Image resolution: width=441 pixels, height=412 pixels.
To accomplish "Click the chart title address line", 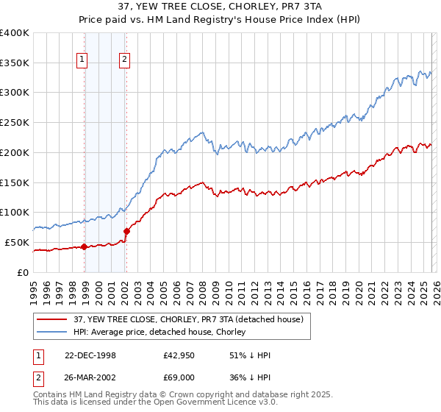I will pyautogui.click(x=220, y=7).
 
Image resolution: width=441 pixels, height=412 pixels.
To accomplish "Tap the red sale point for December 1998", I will pyautogui.click(x=84, y=246).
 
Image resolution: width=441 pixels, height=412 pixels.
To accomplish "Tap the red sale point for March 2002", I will pyautogui.click(x=126, y=231).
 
